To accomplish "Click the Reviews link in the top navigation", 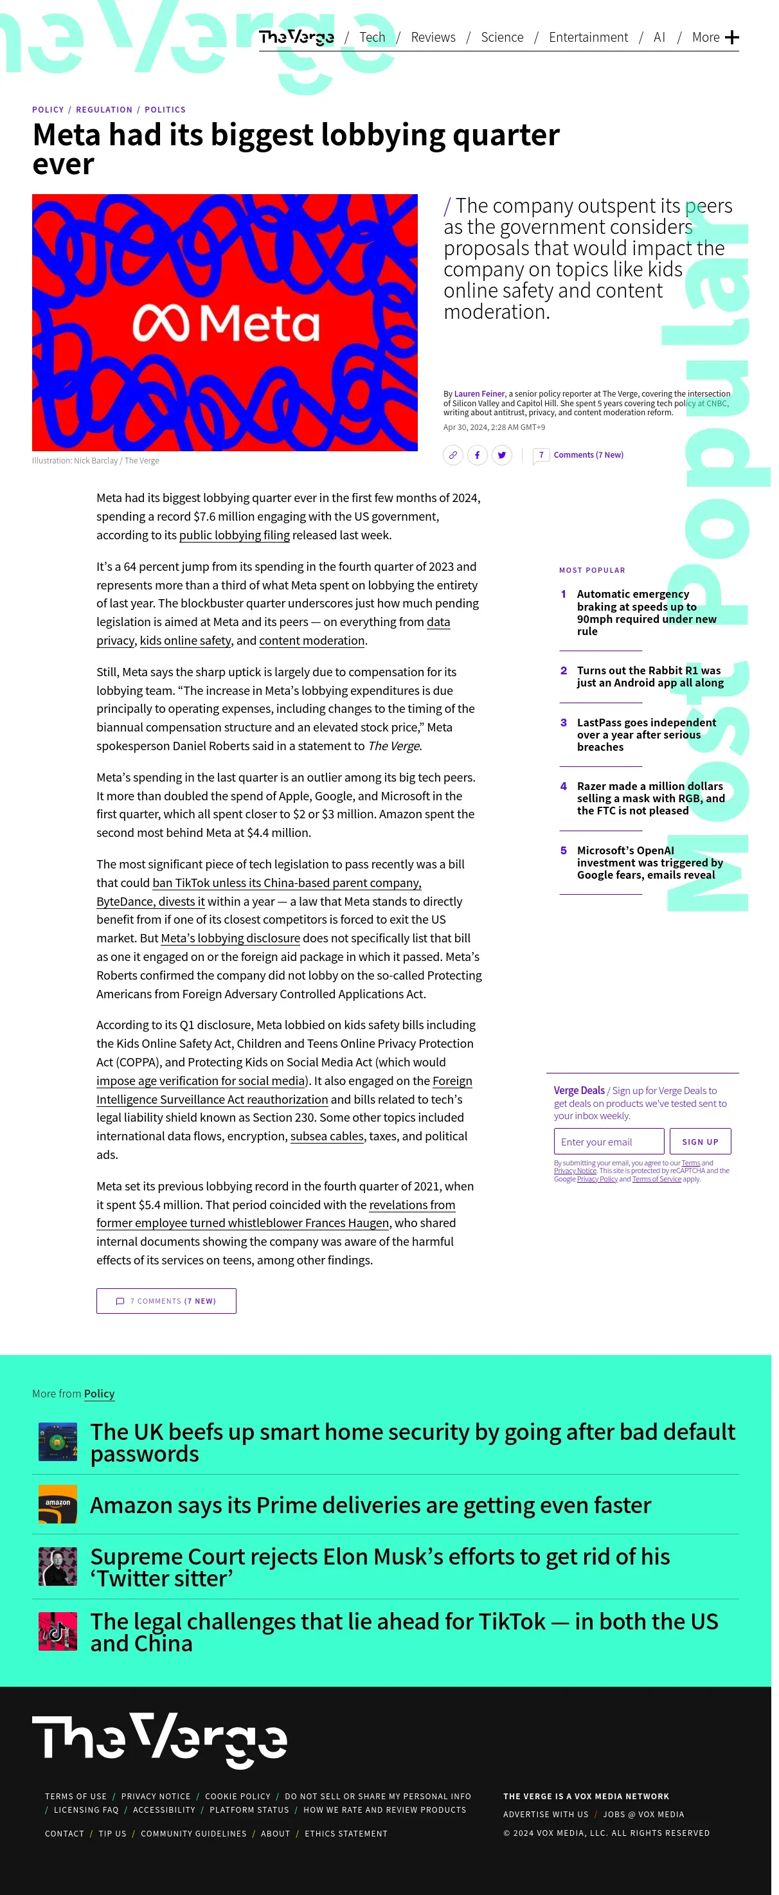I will (433, 37).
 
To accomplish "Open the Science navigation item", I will (502, 37).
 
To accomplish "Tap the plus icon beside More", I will (731, 37).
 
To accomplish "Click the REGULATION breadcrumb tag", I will (103, 110).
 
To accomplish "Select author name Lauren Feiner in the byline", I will (479, 393).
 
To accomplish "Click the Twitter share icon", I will (502, 455).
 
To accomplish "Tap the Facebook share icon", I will (478, 455).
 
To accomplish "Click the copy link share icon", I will (453, 455).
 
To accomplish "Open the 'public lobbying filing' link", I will (234, 535).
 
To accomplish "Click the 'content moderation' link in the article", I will (312, 641).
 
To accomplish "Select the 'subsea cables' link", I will (327, 1136).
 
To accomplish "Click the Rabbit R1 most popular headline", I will (650, 677).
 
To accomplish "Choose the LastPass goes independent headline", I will (646, 735).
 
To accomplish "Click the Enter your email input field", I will (608, 1142).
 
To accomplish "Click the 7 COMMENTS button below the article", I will (166, 1301).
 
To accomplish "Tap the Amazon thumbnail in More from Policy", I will (57, 1504).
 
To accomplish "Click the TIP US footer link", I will (112, 1834).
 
